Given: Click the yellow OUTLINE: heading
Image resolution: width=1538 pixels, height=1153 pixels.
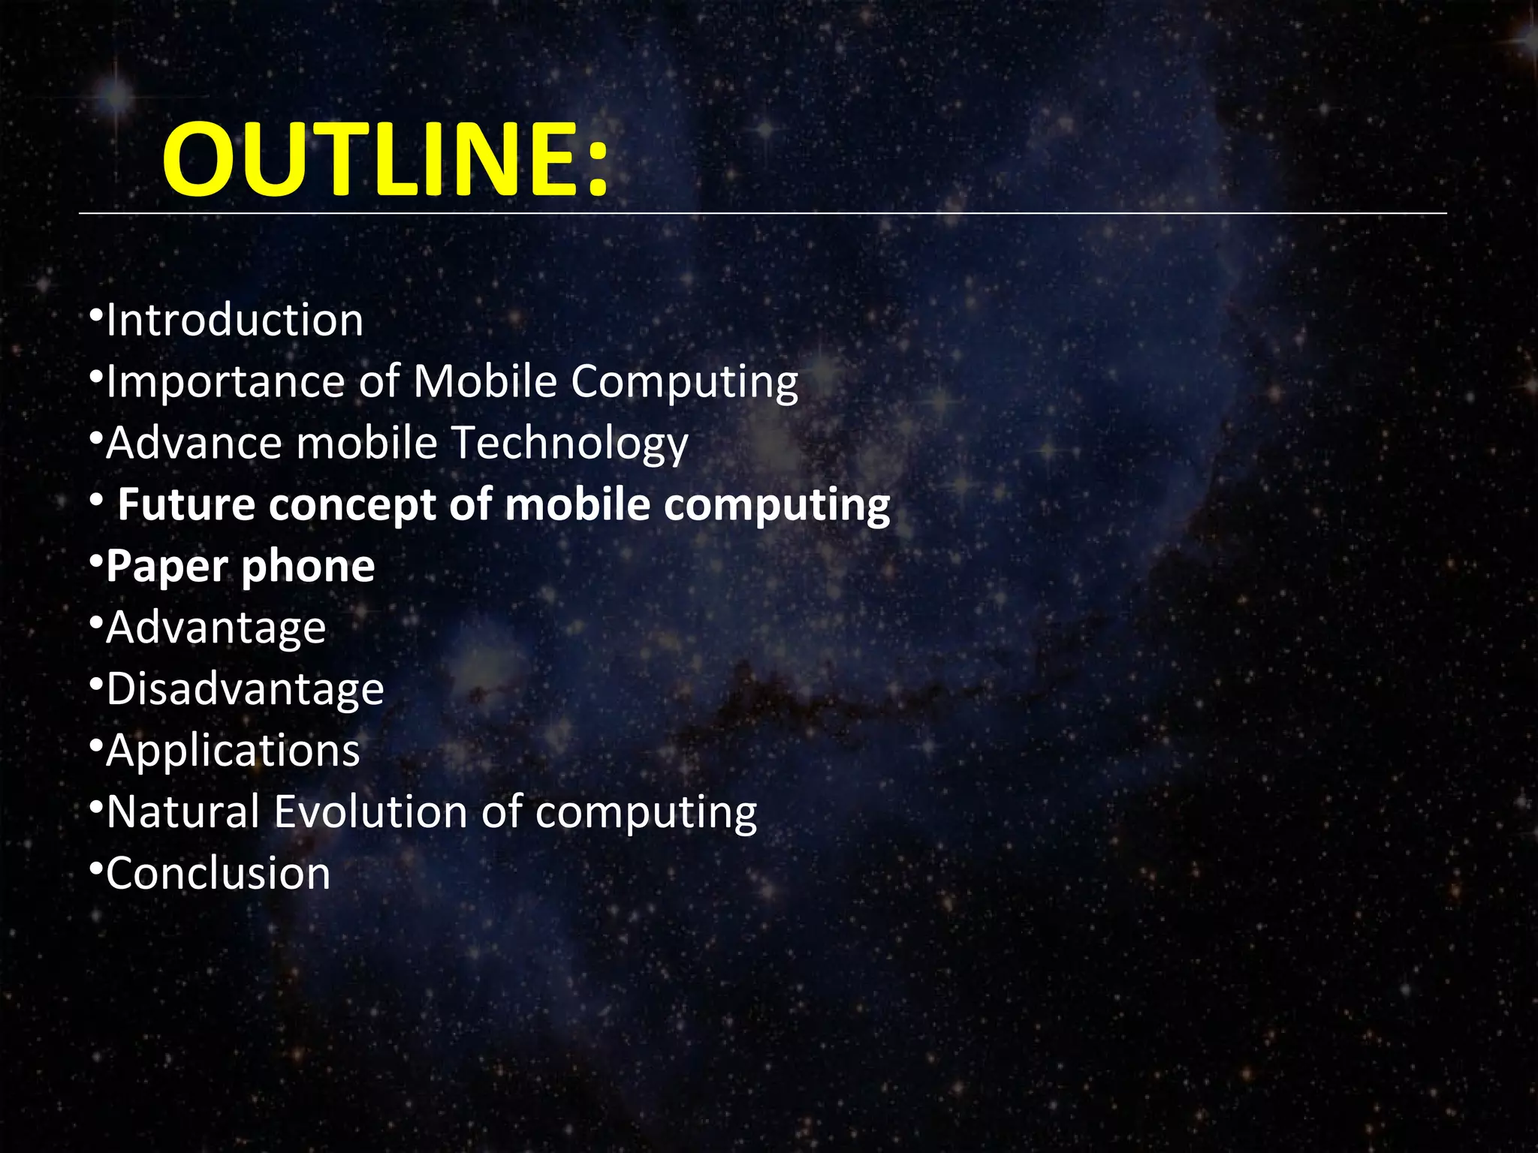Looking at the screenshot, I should pyautogui.click(x=384, y=160).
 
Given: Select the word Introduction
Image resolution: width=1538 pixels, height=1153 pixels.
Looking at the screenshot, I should pyautogui.click(x=235, y=321).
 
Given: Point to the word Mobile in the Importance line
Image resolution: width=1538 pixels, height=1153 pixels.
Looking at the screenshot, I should pyautogui.click(x=485, y=381).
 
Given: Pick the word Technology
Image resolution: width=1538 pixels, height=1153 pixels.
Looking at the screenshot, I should pyautogui.click(x=569, y=444).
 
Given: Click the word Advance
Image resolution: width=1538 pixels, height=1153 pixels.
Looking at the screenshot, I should pyautogui.click(x=194, y=444).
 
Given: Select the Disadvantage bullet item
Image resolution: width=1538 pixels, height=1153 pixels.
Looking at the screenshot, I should pyautogui.click(x=245, y=690).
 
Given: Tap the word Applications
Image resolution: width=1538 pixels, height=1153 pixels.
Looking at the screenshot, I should pyautogui.click(x=233, y=751).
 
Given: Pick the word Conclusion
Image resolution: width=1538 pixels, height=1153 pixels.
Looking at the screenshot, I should pyautogui.click(x=218, y=874).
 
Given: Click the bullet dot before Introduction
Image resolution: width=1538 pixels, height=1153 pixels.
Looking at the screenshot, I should pyautogui.click(x=95, y=314).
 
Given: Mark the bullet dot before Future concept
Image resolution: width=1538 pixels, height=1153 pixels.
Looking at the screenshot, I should pyautogui.click(x=95, y=498).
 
